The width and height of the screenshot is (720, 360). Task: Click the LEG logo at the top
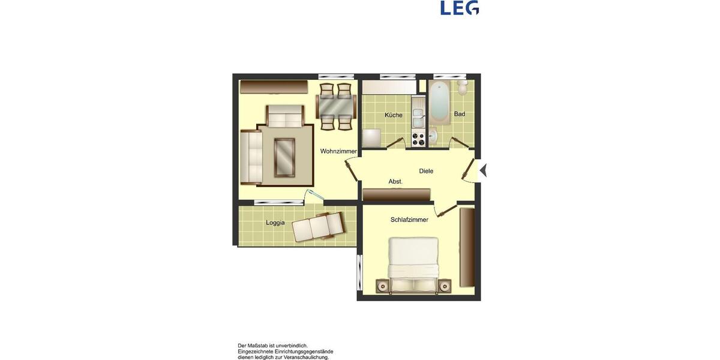point(460,8)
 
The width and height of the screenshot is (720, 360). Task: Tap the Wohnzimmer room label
point(338,151)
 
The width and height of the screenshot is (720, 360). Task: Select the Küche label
point(394,115)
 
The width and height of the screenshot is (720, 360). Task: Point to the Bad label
point(460,114)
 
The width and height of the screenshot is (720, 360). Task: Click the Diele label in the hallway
point(426,171)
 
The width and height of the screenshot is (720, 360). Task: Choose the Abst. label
point(395,181)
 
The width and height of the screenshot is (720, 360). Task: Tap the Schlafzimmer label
point(409,220)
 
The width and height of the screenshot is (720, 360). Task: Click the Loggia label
point(275,223)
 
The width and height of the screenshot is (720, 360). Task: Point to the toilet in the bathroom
point(463,88)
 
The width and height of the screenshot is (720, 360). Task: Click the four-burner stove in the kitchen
point(418,139)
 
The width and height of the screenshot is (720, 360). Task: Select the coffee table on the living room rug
point(284,157)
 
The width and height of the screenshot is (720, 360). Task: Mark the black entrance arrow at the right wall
point(483,170)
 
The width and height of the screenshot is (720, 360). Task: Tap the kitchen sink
point(418,118)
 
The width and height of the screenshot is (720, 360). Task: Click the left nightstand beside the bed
point(382,286)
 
